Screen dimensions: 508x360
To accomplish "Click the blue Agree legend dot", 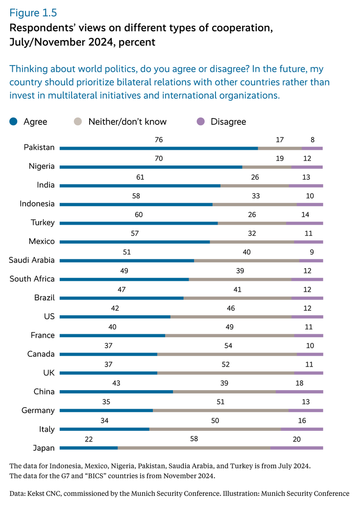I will pyautogui.click(x=14, y=121).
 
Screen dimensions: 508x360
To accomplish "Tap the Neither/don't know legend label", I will pyautogui.click(x=127, y=121).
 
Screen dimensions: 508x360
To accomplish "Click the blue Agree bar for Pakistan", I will pyautogui.click(x=159, y=148).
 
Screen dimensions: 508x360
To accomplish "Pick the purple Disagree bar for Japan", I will pyautogui.click(x=296, y=448).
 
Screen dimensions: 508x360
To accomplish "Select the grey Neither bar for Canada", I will pyautogui.click(x=227, y=354).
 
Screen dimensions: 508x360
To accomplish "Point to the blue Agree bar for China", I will pyautogui.click(x=116, y=392).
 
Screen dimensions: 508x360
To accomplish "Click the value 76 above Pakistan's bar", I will pyautogui.click(x=159, y=140).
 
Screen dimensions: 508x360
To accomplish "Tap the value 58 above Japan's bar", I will pyautogui.click(x=194, y=439).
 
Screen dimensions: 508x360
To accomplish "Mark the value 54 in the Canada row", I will pyautogui.click(x=227, y=346).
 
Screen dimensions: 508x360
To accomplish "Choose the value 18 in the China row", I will pyautogui.click(x=299, y=384).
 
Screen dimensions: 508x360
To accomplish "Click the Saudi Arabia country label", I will pyautogui.click(x=32, y=260).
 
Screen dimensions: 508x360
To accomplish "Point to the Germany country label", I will pyautogui.click(x=38, y=411).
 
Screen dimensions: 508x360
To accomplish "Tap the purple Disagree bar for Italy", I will pyautogui.click(x=302, y=429).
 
